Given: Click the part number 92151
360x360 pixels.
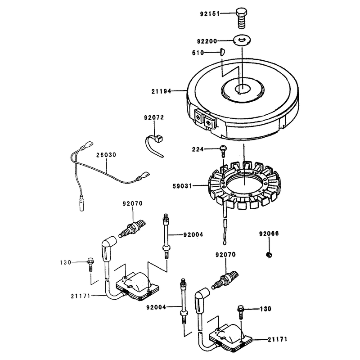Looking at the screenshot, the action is click(x=210, y=14).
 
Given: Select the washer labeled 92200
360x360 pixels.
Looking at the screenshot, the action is click(x=242, y=40).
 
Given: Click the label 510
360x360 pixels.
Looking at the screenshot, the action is click(x=198, y=53).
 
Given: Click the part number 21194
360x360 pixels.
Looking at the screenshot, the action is click(x=161, y=91).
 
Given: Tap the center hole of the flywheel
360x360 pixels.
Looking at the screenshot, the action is click(x=243, y=89).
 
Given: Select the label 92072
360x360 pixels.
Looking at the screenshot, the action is click(x=154, y=117).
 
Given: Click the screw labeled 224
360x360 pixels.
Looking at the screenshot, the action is click(x=223, y=150).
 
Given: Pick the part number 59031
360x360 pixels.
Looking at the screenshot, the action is click(x=182, y=186).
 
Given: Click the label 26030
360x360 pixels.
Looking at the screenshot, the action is click(x=106, y=155).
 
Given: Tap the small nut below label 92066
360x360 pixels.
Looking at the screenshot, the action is click(x=269, y=254).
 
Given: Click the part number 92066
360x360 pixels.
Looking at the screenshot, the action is click(x=269, y=234).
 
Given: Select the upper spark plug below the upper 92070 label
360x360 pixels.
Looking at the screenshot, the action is click(x=132, y=229).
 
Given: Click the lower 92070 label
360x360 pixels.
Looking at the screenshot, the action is click(x=225, y=255).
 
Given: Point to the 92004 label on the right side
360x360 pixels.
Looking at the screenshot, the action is click(x=193, y=234).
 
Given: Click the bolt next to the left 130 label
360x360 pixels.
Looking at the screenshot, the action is click(x=90, y=265).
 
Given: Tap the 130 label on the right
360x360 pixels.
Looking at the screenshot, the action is click(x=265, y=309).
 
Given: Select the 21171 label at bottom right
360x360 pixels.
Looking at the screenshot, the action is click(x=277, y=339).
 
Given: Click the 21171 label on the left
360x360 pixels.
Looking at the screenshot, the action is click(x=81, y=296).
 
